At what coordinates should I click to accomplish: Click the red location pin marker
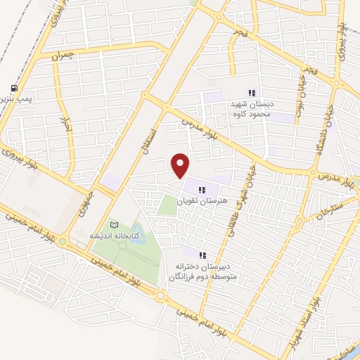pyautogui.click(x=181, y=165)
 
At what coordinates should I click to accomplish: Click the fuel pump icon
pyautogui.click(x=13, y=88)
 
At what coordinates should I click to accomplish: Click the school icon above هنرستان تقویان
pyautogui.click(x=202, y=189)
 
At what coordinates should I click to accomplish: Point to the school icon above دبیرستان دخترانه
pyautogui.click(x=202, y=256)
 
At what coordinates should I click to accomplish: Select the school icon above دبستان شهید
pyautogui.click(x=251, y=93)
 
